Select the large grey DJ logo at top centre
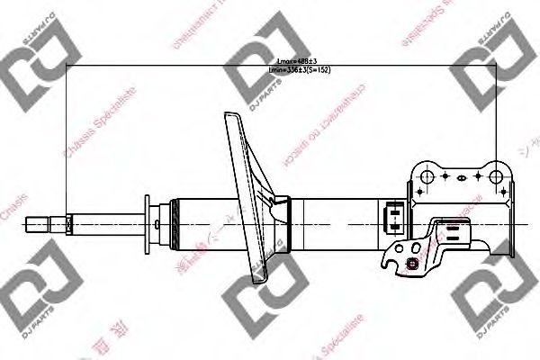(261, 76)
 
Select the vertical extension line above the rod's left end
(68, 135)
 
